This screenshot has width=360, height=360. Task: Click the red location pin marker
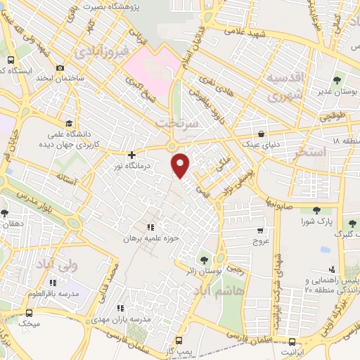click(x=181, y=165)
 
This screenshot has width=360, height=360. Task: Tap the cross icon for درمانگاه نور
click(x=131, y=155)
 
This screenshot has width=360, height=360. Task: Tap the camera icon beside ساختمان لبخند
click(x=61, y=67)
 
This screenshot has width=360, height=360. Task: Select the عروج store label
click(x=261, y=241)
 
